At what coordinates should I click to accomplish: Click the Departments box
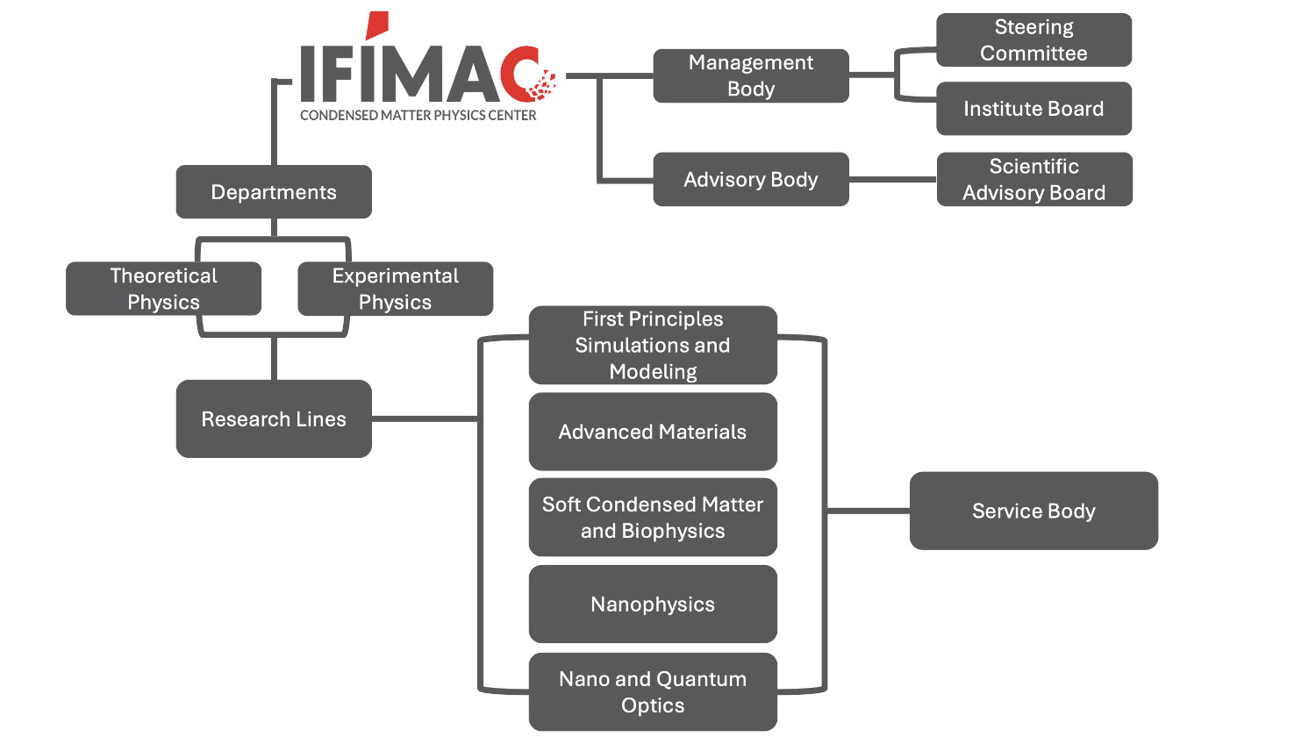coord(274,192)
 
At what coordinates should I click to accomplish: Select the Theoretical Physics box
coord(164,289)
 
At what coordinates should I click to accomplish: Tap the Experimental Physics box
coord(395,289)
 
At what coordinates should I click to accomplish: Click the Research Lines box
coord(274,419)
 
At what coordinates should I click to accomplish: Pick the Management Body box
coord(751,75)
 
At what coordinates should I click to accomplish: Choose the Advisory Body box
coord(751,179)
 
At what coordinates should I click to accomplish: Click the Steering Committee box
coord(1033,40)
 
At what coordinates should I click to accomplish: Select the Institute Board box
coord(1033,109)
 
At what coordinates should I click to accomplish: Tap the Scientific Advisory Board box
coord(1034,179)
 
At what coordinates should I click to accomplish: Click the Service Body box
coord(1033,511)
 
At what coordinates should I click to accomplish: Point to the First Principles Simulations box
coord(653,345)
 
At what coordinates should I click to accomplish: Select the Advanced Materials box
coord(653,432)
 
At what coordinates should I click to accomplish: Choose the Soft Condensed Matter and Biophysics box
coord(653,518)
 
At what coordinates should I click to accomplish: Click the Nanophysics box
coord(653,605)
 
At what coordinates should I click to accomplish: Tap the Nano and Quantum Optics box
coord(653,691)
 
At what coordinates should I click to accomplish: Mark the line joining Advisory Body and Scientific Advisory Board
coord(892,179)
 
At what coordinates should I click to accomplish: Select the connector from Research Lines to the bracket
coord(425,419)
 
